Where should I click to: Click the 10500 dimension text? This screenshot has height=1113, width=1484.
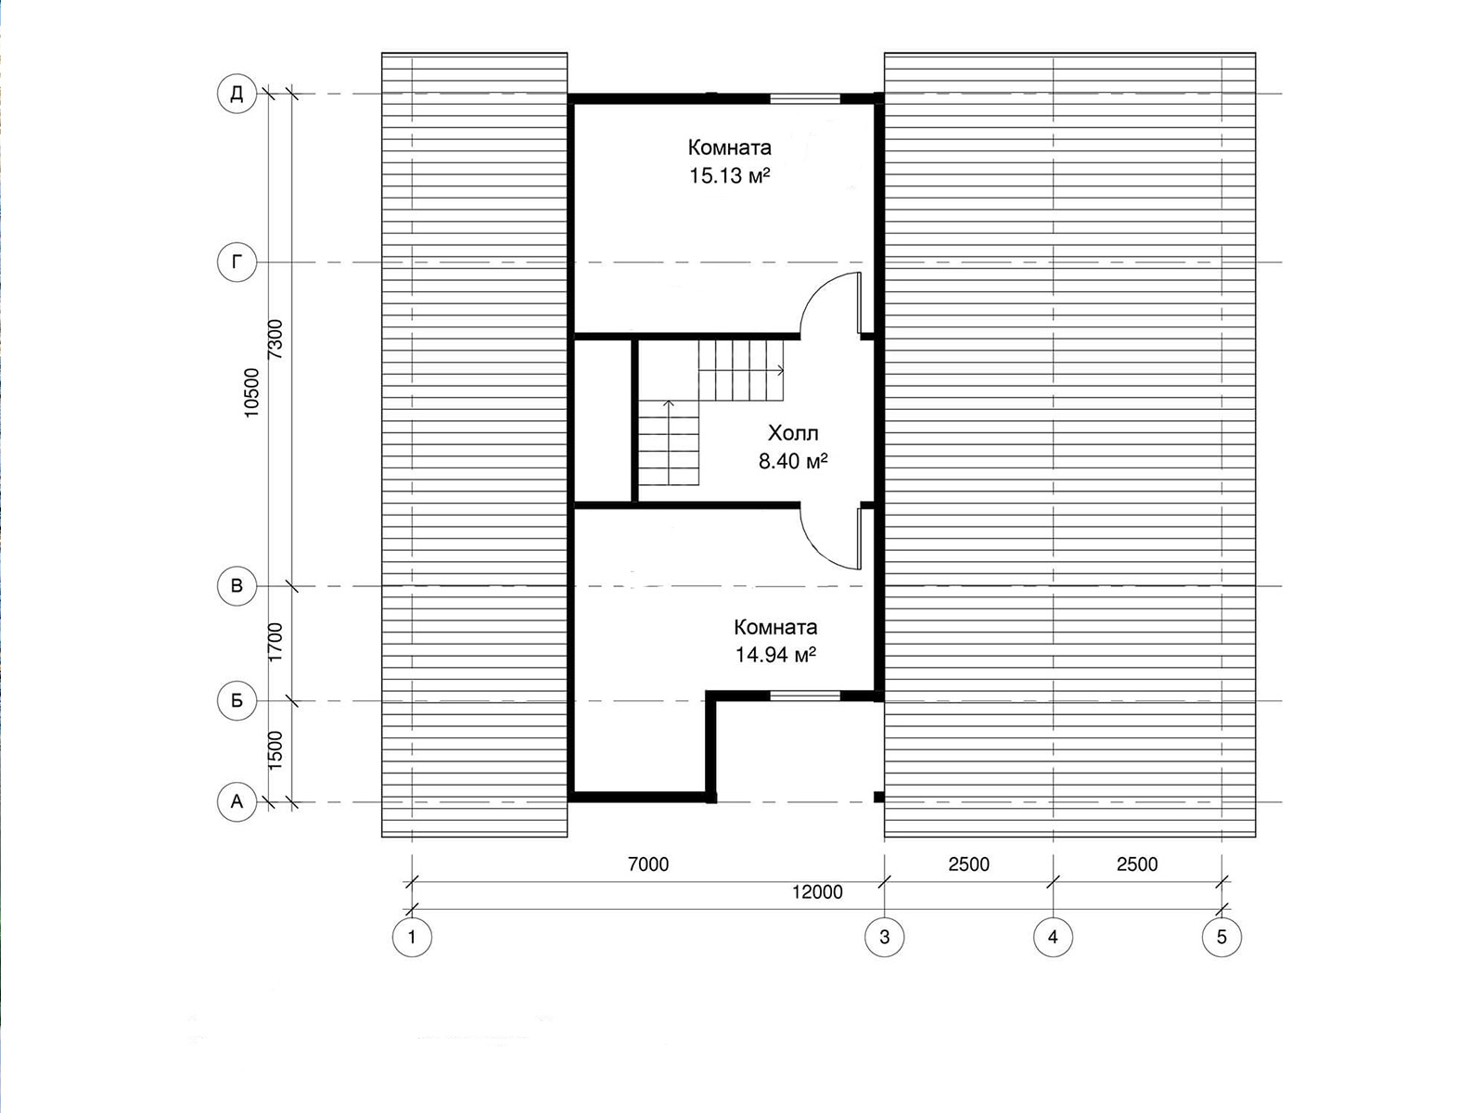pyautogui.click(x=251, y=392)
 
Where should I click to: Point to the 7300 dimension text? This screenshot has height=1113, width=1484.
pyautogui.click(x=275, y=339)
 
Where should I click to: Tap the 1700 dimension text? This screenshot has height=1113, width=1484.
pyautogui.click(x=275, y=642)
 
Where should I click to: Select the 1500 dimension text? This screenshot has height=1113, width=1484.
pyautogui.click(x=275, y=750)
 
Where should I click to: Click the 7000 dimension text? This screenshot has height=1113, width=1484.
pyautogui.click(x=648, y=864)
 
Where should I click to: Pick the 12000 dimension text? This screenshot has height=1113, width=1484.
pyautogui.click(x=817, y=892)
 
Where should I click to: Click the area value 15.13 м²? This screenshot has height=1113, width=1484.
pyautogui.click(x=730, y=175)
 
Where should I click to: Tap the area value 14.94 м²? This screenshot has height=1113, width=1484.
pyautogui.click(x=775, y=655)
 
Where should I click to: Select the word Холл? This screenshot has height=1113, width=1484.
pyautogui.click(x=793, y=432)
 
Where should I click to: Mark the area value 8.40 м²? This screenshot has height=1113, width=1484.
pyautogui.click(x=793, y=462)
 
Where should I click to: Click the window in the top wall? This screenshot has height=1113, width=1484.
pyautogui.click(x=805, y=98)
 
